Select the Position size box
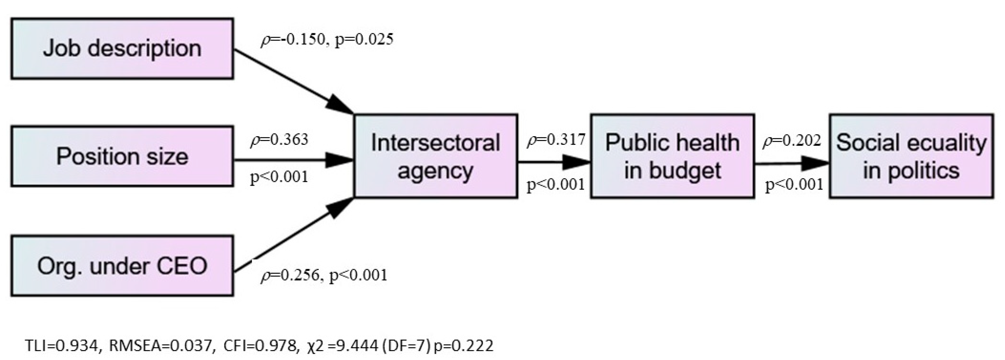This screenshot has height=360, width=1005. coord(122,156)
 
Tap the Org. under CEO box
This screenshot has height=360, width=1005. coord(122,266)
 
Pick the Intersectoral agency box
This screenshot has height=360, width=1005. coord(435,156)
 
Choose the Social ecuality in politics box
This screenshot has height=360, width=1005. coord(911,156)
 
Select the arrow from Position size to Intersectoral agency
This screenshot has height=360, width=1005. coord(293,160)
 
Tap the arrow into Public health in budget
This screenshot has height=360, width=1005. coord(554,163)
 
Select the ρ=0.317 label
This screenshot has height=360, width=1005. coord(556,140)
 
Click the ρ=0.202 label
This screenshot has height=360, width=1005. coord(792,141)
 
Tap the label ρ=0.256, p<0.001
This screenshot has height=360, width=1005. coord(324,275)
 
